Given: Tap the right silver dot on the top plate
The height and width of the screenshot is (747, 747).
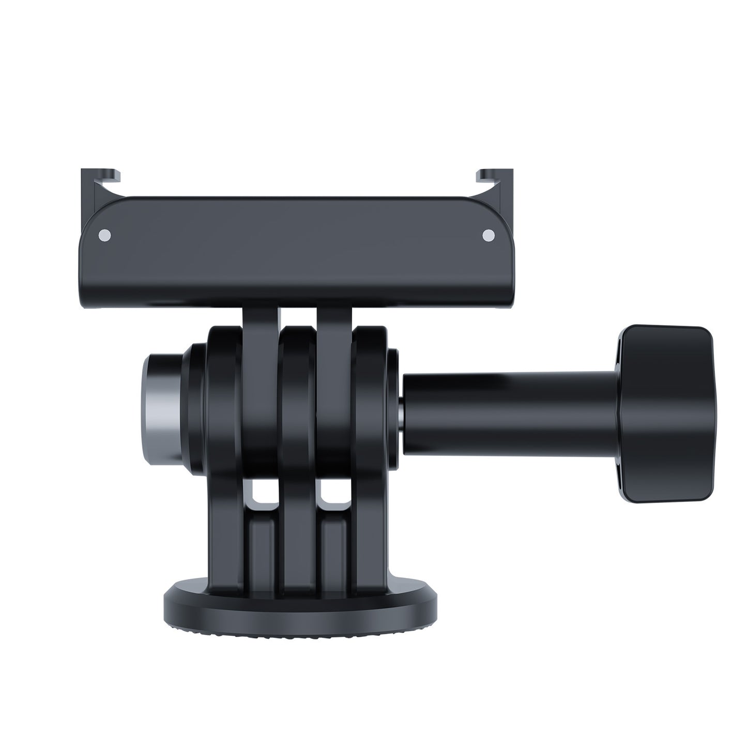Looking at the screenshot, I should (x=487, y=236).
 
